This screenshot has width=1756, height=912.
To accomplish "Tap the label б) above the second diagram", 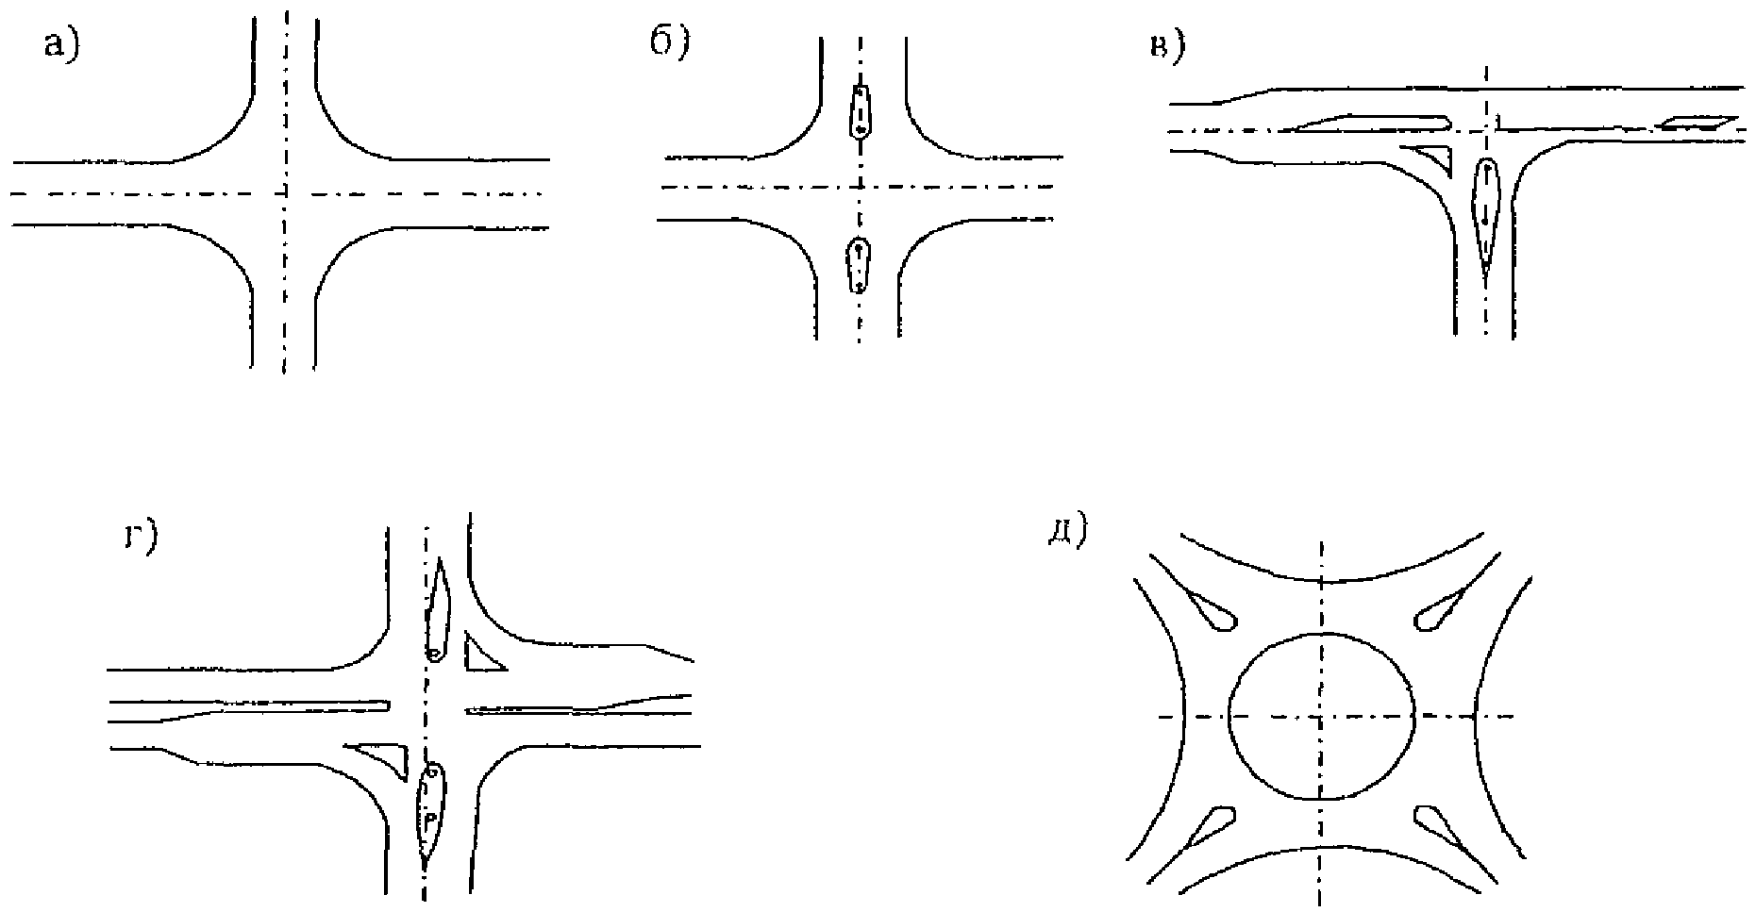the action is [x=671, y=43].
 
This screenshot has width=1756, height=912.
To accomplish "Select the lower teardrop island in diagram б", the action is [x=858, y=266].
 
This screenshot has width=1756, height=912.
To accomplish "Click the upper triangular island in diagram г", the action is [x=480, y=655].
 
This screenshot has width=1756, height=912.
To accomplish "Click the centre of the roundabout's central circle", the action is [x=1322, y=716].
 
